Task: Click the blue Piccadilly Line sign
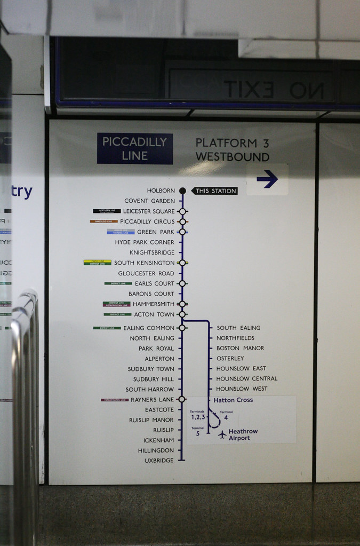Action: [x=134, y=148]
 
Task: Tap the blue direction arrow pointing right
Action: [x=267, y=179]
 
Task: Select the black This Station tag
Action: [x=214, y=191]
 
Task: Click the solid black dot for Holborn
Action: [x=182, y=191]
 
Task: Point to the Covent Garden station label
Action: [x=149, y=201]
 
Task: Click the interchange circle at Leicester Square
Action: [x=182, y=211]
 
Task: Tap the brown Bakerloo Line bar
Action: [x=103, y=221]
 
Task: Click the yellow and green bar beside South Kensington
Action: [x=97, y=263]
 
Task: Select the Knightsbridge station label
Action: [x=152, y=252]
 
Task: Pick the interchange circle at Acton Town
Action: [x=182, y=314]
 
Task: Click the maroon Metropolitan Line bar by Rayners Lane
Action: [x=114, y=400]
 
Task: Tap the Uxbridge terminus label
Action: [x=159, y=461]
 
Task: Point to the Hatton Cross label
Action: [x=233, y=400]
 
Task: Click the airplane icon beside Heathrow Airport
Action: [x=222, y=434]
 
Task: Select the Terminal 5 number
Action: [x=198, y=433]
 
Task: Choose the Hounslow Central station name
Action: [x=246, y=379]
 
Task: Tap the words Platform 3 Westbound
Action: [x=232, y=149]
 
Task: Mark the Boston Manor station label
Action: [x=240, y=348]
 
